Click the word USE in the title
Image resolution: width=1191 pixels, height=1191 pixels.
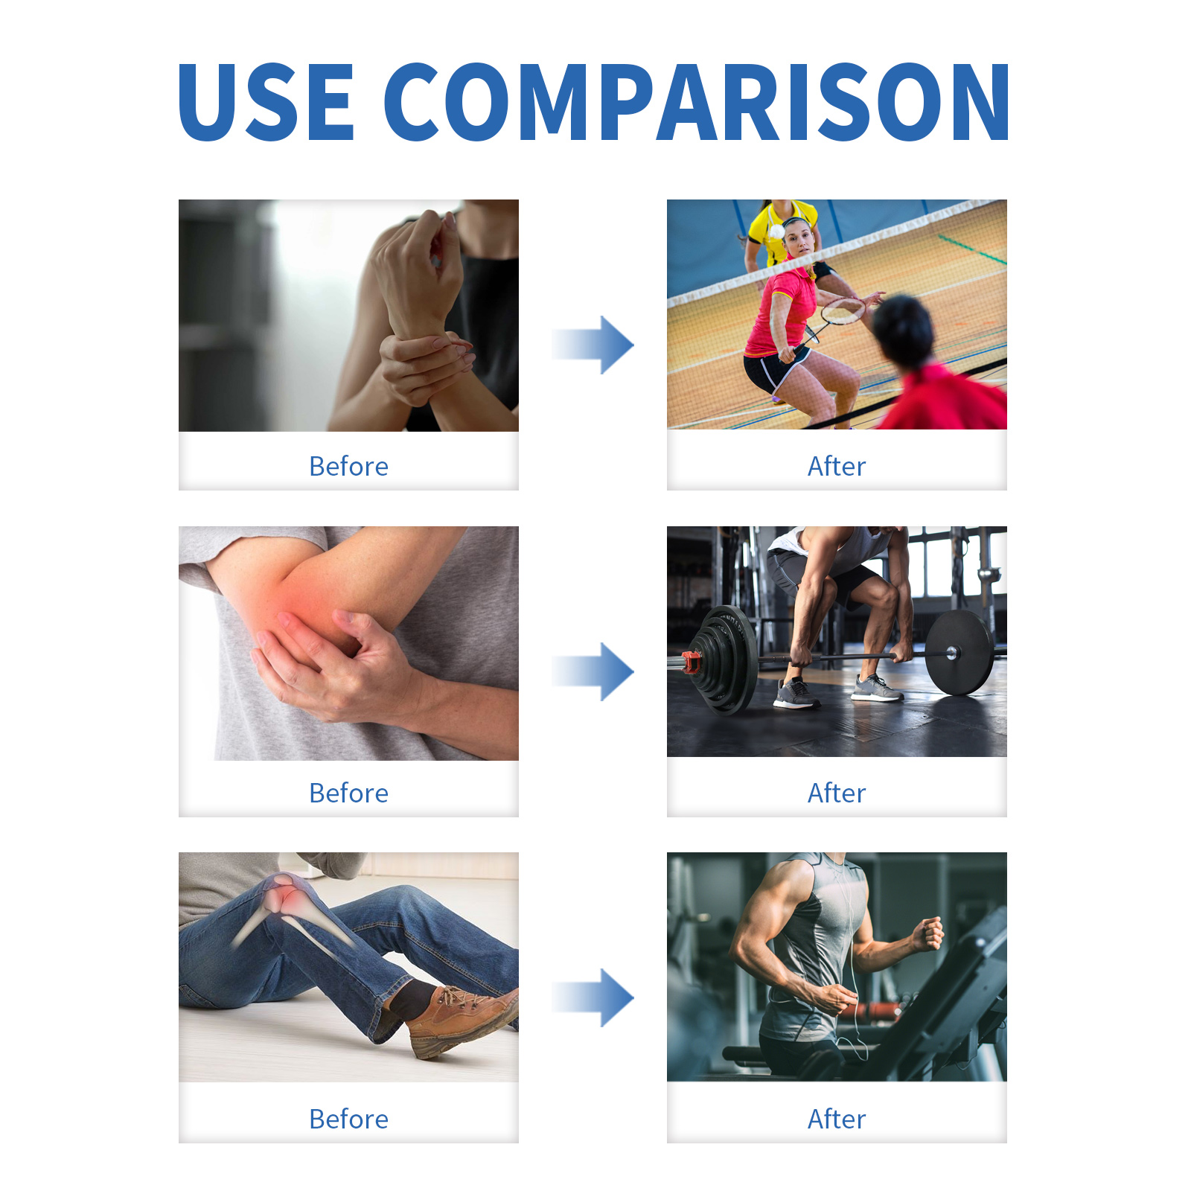(266, 102)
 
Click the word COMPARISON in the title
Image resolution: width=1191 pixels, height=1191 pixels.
(697, 102)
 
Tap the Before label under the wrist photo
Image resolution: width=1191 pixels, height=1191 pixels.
(348, 467)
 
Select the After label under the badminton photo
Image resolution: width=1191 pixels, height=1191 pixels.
(837, 467)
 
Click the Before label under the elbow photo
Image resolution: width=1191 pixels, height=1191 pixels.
(348, 794)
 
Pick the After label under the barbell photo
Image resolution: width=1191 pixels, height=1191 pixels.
(837, 794)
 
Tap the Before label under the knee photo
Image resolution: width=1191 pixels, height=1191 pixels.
(348, 1120)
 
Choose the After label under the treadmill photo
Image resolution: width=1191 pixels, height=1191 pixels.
(837, 1120)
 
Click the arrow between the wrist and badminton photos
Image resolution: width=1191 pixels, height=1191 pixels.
(593, 345)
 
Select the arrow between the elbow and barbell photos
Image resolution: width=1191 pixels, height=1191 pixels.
(593, 671)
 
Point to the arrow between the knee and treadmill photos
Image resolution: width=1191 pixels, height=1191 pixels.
(593, 997)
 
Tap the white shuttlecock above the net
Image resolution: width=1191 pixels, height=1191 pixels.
(776, 232)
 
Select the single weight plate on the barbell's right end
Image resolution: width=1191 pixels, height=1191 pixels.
(959, 654)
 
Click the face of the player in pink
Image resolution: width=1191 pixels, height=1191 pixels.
(798, 239)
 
